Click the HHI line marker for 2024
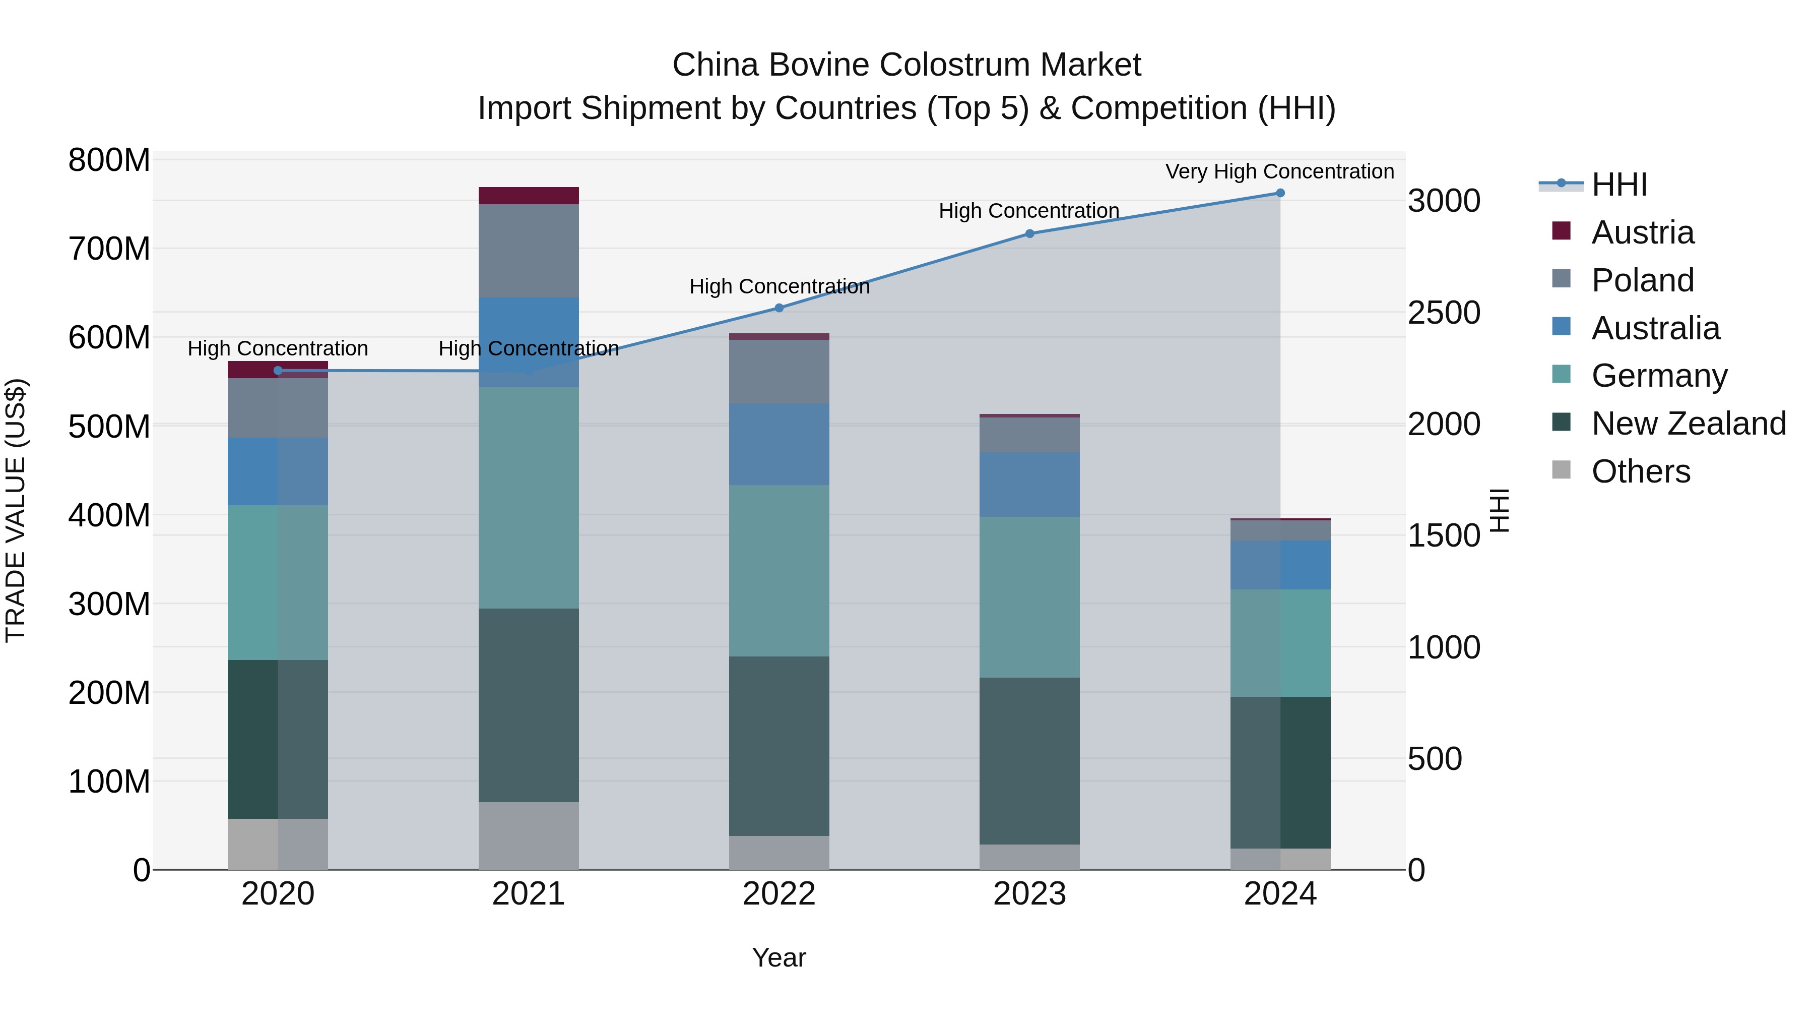click(x=1280, y=193)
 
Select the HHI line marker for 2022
click(x=779, y=308)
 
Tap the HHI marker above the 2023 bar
click(x=1029, y=234)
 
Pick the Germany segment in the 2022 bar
click(x=779, y=571)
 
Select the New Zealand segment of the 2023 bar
click(x=1029, y=761)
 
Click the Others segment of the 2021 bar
click(x=529, y=835)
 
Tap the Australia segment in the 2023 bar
click(x=1029, y=485)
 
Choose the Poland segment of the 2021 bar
click(x=529, y=251)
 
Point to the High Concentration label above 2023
click(x=1029, y=211)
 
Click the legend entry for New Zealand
click(x=1688, y=424)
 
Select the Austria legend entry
click(x=1642, y=232)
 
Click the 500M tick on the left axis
click(x=109, y=426)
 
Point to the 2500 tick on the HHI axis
click(x=1444, y=313)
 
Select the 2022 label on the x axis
click(x=779, y=894)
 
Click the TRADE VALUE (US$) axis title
click(x=16, y=510)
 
